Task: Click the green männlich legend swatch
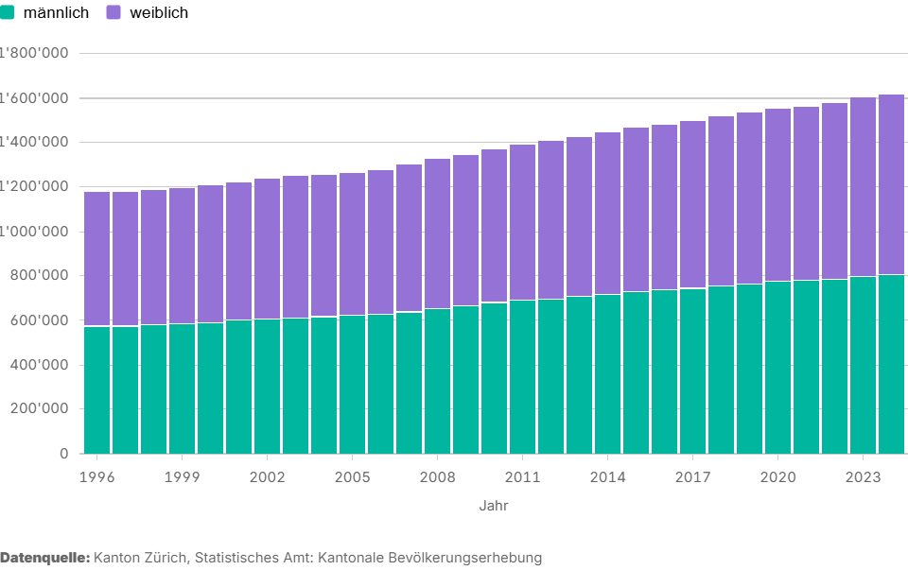coord(8,13)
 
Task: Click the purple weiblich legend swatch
coord(113,13)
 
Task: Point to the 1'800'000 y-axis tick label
coord(34,53)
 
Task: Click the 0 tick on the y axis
coord(64,453)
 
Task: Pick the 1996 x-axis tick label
coord(97,476)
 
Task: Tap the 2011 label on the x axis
coord(522,476)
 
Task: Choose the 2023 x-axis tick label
coord(863,476)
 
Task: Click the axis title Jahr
coord(493,506)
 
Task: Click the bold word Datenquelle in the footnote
coord(44,558)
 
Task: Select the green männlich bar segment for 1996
coord(97,389)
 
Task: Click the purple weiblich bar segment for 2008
coord(437,233)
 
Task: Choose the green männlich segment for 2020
coord(777,367)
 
